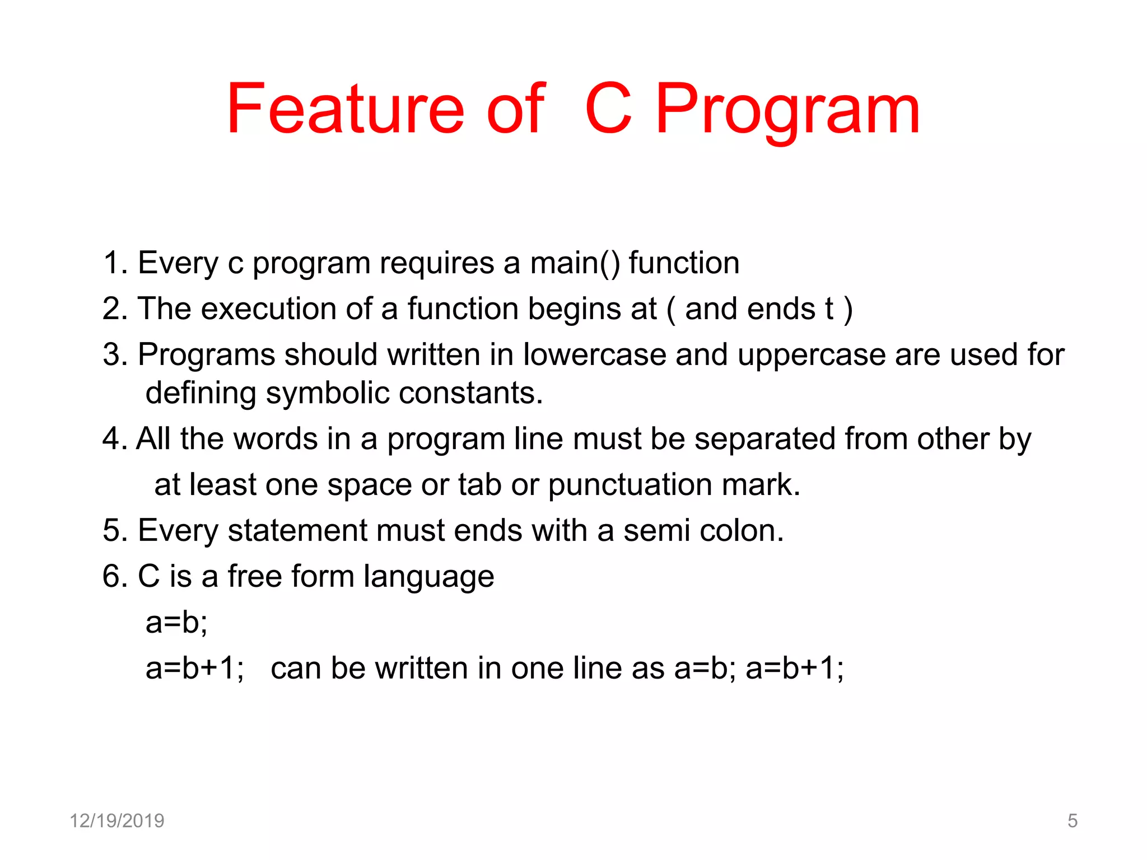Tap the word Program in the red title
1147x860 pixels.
787,111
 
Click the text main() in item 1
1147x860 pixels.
575,263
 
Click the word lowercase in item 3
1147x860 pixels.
594,355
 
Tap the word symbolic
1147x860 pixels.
327,394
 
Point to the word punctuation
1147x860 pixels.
630,485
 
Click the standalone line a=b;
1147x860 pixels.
176,622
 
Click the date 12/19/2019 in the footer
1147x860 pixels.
116,821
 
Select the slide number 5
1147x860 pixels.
1072,821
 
